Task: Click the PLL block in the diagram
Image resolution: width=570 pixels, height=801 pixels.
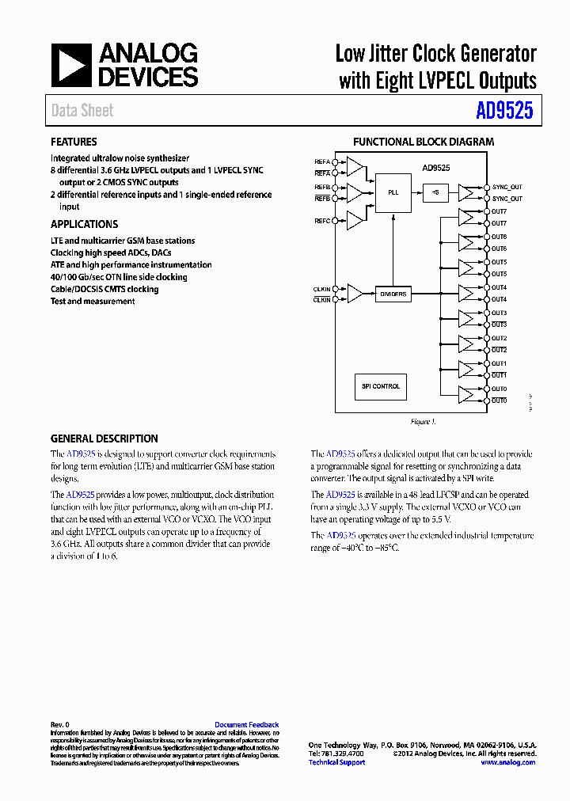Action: pyautogui.click(x=393, y=192)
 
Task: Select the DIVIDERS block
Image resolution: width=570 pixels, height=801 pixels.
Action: pyautogui.click(x=393, y=294)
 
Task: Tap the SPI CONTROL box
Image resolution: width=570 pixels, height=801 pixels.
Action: pyautogui.click(x=381, y=386)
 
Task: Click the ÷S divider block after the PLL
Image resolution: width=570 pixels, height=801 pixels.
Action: pyautogui.click(x=435, y=192)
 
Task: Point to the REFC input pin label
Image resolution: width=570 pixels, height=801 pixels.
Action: pyautogui.click(x=322, y=220)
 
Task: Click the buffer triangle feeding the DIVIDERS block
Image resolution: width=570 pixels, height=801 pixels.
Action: pyautogui.click(x=355, y=294)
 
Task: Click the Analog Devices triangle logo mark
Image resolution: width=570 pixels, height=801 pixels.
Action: pyautogui.click(x=71, y=65)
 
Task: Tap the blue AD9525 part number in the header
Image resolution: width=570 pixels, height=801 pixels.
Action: pyautogui.click(x=504, y=111)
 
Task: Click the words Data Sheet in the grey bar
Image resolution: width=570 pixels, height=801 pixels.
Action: pyautogui.click(x=82, y=111)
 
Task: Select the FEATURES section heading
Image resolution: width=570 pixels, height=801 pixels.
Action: pyautogui.click(x=74, y=142)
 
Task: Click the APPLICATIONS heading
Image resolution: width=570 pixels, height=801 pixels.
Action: pyautogui.click(x=84, y=224)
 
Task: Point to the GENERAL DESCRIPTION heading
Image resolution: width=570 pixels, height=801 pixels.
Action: pyautogui.click(x=104, y=438)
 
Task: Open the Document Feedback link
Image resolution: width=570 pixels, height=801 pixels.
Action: pyautogui.click(x=246, y=725)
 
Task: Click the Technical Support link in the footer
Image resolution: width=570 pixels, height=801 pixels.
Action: pyautogui.click(x=336, y=762)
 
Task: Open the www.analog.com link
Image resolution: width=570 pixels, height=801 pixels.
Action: pyautogui.click(x=507, y=762)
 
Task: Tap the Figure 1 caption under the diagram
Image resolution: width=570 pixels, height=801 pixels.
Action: pyautogui.click(x=423, y=422)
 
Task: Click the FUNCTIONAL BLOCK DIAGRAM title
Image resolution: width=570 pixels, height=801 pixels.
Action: pyautogui.click(x=423, y=142)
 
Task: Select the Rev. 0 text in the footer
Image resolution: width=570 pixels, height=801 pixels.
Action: pyautogui.click(x=60, y=725)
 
